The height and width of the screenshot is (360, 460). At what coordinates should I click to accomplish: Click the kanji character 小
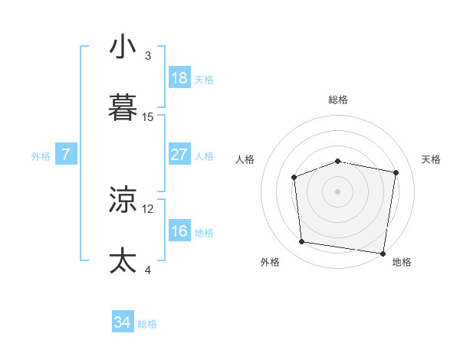(x=123, y=47)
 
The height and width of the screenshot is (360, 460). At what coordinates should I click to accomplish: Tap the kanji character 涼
(x=123, y=200)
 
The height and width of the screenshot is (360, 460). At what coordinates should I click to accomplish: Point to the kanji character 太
(x=123, y=260)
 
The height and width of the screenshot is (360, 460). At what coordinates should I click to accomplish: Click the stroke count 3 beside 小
(x=148, y=56)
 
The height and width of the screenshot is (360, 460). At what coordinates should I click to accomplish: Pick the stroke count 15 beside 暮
(x=148, y=116)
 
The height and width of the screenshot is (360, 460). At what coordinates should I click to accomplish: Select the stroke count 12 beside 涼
(x=148, y=208)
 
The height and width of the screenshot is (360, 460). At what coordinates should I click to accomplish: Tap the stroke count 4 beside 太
(x=148, y=269)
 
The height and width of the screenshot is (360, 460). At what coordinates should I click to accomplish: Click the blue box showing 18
(x=179, y=78)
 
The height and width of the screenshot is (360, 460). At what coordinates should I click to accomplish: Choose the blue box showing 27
(x=179, y=154)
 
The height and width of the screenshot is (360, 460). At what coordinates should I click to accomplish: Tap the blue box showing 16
(x=179, y=231)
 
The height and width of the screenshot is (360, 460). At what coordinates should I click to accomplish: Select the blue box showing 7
(x=66, y=154)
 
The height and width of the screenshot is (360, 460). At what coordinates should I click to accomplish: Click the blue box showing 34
(x=122, y=322)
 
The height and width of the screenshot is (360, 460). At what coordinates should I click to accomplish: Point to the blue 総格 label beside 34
(x=147, y=324)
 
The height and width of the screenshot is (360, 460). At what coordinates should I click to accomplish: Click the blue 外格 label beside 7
(x=41, y=156)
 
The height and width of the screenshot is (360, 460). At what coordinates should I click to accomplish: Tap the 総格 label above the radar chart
(x=338, y=100)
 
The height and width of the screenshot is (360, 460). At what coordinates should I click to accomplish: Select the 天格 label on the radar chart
(x=432, y=159)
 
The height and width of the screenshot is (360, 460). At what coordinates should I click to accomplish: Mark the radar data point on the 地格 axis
(x=383, y=254)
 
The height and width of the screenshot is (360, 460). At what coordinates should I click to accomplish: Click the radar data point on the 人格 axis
(x=294, y=177)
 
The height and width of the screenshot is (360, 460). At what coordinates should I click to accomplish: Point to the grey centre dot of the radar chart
(x=338, y=191)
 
